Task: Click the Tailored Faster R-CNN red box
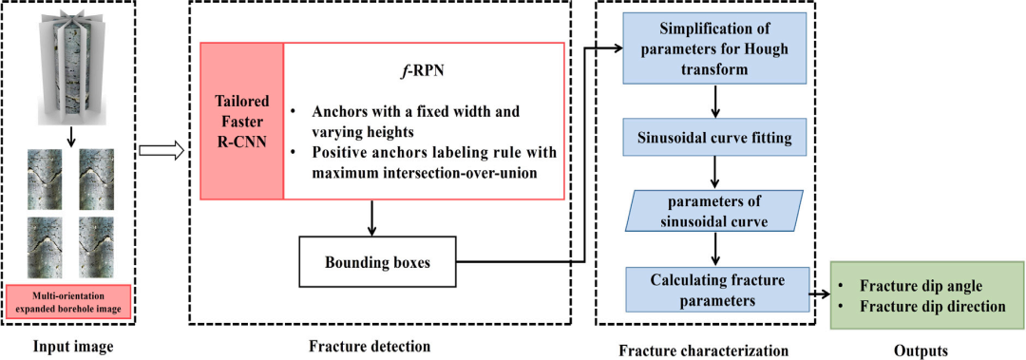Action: point(241,121)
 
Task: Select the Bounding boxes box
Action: point(377,262)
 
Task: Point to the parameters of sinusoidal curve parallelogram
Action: point(713,210)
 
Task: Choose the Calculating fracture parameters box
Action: point(718,290)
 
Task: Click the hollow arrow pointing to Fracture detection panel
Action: point(161,152)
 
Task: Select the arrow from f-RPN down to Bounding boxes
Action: point(371,218)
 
